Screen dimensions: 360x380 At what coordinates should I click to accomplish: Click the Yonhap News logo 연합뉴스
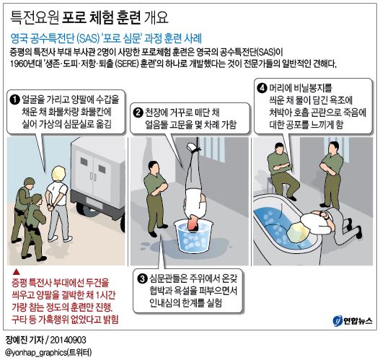pyautogui.click(x=350, y=320)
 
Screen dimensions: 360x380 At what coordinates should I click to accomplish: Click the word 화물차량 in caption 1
pyautogui.click(x=85, y=110)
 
